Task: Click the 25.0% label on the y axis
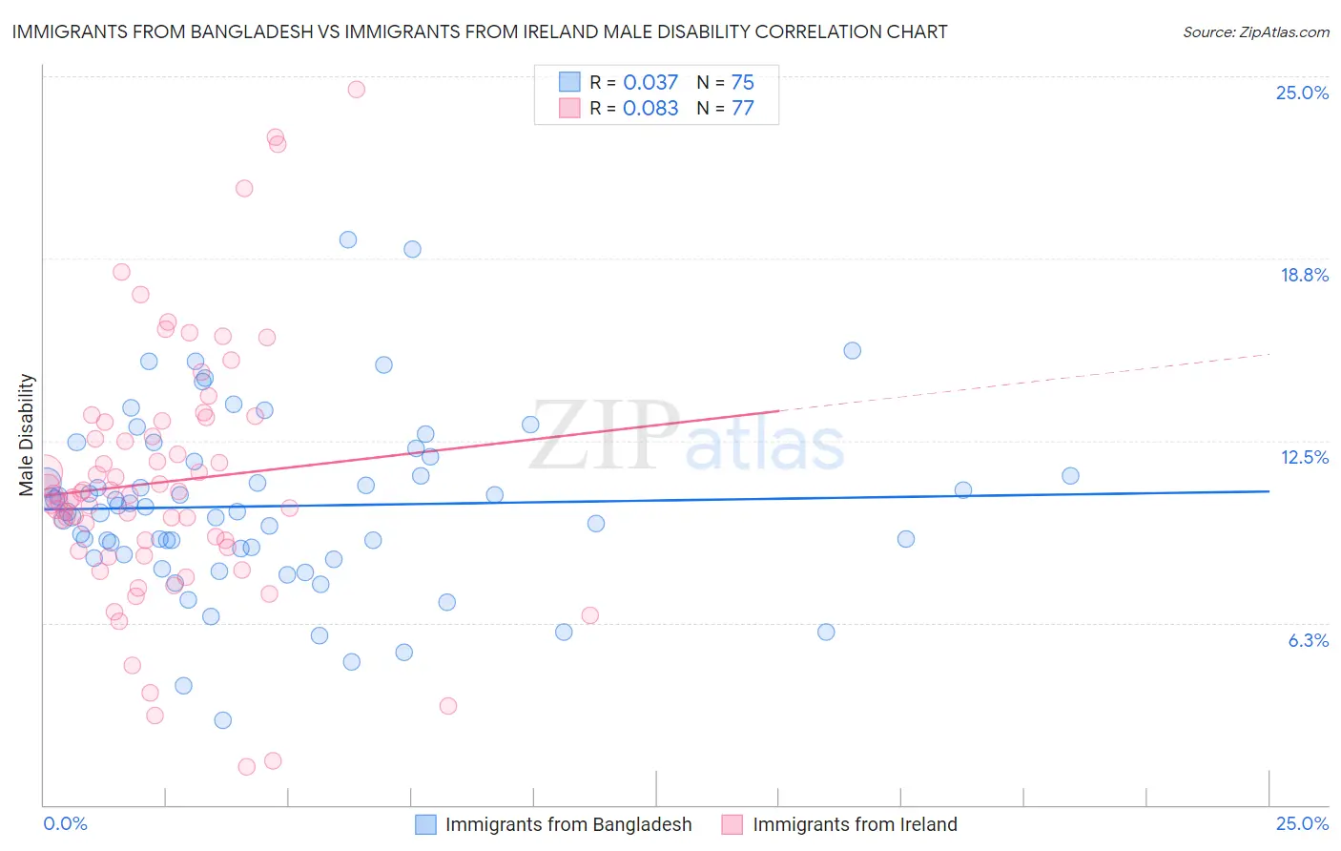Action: (1302, 93)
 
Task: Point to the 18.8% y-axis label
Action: (1304, 275)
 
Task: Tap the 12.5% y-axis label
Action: (1304, 457)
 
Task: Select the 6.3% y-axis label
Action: (1308, 640)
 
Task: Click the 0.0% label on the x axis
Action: (65, 823)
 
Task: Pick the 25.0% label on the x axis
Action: (1302, 823)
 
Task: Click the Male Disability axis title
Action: (27, 434)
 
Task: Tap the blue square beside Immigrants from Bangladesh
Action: (425, 824)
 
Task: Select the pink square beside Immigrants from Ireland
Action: (732, 824)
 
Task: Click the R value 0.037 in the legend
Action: (650, 82)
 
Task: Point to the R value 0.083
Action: (650, 108)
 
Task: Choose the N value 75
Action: (742, 82)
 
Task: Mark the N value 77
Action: (742, 108)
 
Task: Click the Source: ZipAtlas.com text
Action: (1255, 31)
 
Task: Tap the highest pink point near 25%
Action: (356, 89)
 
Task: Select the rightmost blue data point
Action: (1070, 475)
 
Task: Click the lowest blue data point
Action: (222, 719)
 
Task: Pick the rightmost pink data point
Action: (589, 615)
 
